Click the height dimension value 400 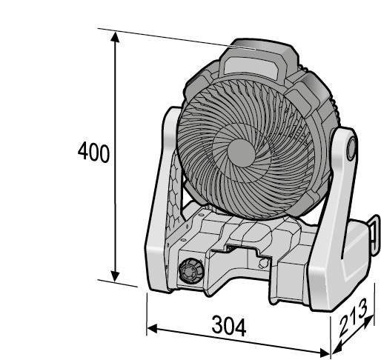(93, 152)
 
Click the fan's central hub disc (241, 153)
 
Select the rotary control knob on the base (191, 270)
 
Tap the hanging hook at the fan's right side (374, 235)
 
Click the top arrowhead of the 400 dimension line (115, 37)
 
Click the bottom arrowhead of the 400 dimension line (115, 276)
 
